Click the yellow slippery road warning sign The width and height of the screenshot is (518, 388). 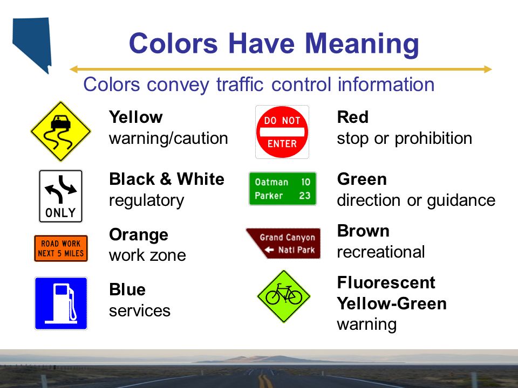(60, 131)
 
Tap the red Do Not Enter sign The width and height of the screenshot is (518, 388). (282, 132)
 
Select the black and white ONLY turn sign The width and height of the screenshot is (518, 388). (60, 196)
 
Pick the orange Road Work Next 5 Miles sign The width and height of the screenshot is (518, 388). (61, 248)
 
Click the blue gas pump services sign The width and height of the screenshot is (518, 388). (61, 303)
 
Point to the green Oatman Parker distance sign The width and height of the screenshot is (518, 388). (283, 189)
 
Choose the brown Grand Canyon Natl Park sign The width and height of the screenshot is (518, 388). (283, 243)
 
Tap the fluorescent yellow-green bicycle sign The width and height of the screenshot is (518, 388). (283, 296)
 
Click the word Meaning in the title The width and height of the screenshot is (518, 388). (362, 44)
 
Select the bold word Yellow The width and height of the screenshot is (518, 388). (136, 117)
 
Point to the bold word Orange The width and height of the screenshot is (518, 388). (139, 235)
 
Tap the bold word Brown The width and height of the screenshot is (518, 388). (363, 231)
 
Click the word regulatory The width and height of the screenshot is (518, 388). (146, 200)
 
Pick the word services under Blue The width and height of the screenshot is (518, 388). (140, 311)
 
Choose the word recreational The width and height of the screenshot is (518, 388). (381, 252)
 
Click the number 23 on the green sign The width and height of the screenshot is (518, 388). (305, 196)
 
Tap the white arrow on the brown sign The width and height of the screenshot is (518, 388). (269, 250)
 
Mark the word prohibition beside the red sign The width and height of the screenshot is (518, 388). (433, 138)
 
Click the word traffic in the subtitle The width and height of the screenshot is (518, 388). (240, 85)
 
